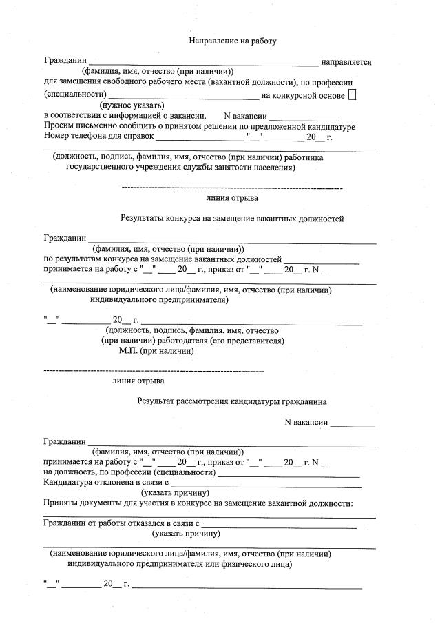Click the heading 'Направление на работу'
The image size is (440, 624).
click(233, 41)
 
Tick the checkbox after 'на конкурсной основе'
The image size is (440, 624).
click(353, 94)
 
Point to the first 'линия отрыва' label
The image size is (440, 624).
click(232, 198)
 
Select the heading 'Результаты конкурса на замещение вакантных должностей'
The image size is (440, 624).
click(232, 219)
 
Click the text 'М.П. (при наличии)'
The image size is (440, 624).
click(156, 351)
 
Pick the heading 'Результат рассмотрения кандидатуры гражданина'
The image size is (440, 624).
click(231, 401)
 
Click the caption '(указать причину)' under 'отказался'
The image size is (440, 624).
click(186, 533)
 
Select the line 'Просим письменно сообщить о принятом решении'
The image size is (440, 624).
click(199, 127)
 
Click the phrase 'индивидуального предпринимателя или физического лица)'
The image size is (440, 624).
click(179, 563)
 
